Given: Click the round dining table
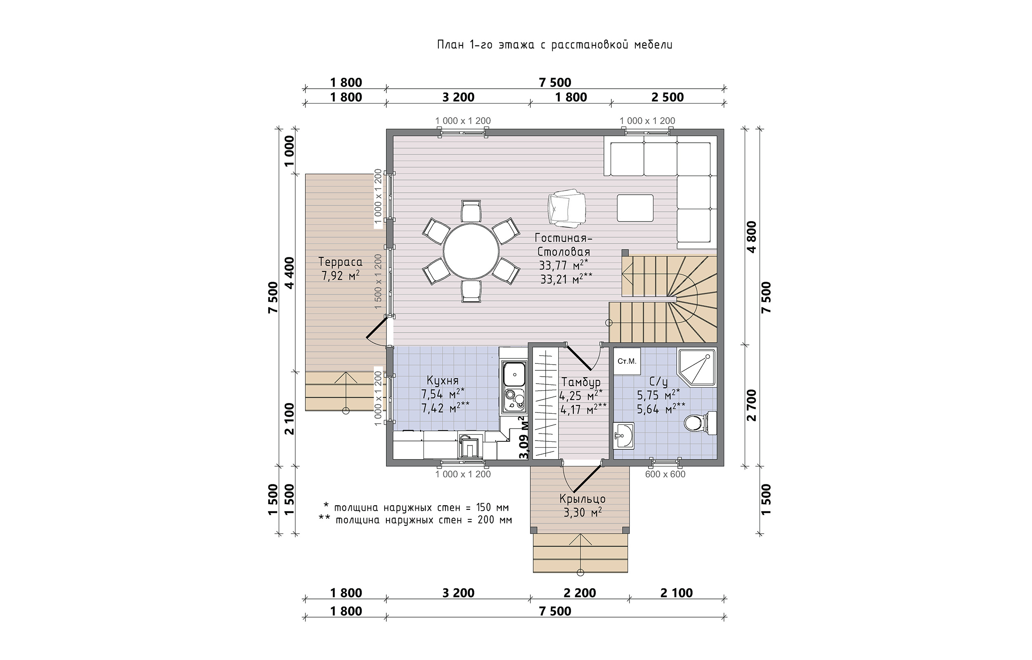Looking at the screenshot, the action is point(471,252).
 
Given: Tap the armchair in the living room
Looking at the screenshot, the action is point(566,209).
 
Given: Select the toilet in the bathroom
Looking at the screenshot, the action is point(699,423).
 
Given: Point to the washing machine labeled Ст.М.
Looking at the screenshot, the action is point(627,362).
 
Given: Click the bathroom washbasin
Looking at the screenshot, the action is point(623,436).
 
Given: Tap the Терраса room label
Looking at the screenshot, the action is point(341,262).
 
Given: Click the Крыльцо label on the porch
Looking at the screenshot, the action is point(582,499).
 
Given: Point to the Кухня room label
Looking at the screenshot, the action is point(443,380).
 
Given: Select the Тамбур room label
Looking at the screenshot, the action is point(580,382).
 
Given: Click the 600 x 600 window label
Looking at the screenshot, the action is point(665,474).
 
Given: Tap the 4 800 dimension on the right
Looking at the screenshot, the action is point(752,237).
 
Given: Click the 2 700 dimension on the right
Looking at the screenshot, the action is point(752,405).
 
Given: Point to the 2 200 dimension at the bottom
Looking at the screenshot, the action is point(580,593).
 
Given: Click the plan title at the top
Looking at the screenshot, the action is point(555,45).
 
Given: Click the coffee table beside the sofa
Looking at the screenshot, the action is point(635,208).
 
